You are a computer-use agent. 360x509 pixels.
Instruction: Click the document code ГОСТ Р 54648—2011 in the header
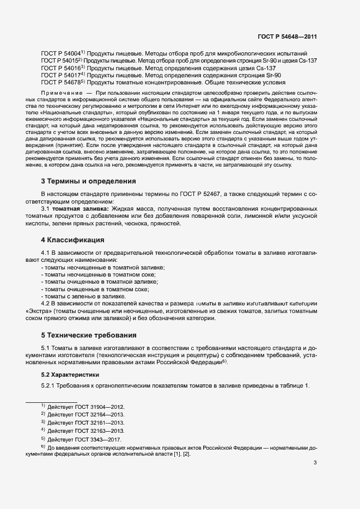288,36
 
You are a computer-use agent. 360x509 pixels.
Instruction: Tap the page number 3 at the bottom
315,463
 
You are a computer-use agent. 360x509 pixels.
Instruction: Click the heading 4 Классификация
74,240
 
